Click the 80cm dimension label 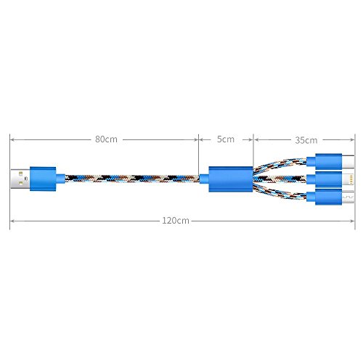point(106,139)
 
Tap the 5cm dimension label point(226,139)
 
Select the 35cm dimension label point(306,140)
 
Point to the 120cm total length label point(176,221)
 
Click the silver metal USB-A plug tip point(20,179)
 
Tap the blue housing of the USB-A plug point(47,179)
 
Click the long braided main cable point(132,179)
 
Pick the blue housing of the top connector point(325,161)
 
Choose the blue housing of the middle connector point(325,179)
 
